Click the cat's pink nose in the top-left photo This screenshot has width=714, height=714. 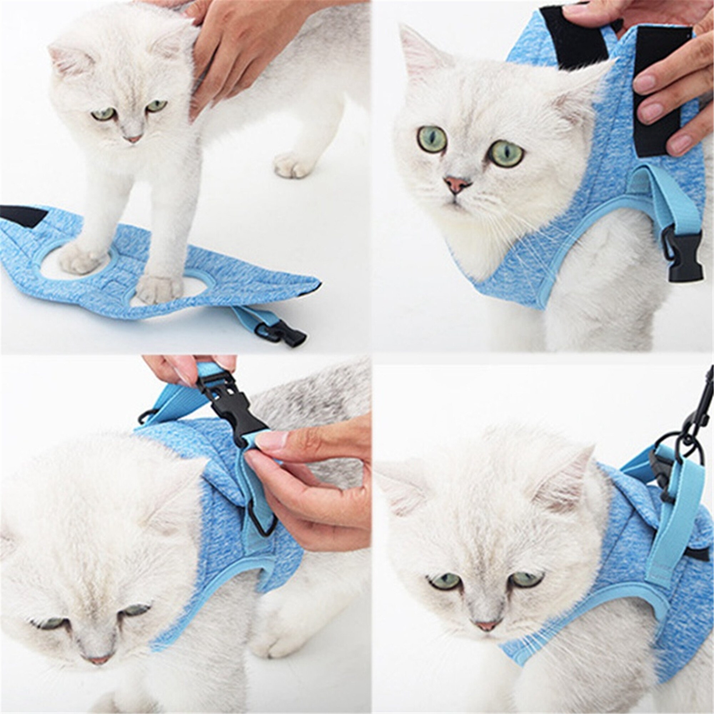(134, 139)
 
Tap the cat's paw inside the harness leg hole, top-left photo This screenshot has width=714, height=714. (78, 256)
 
